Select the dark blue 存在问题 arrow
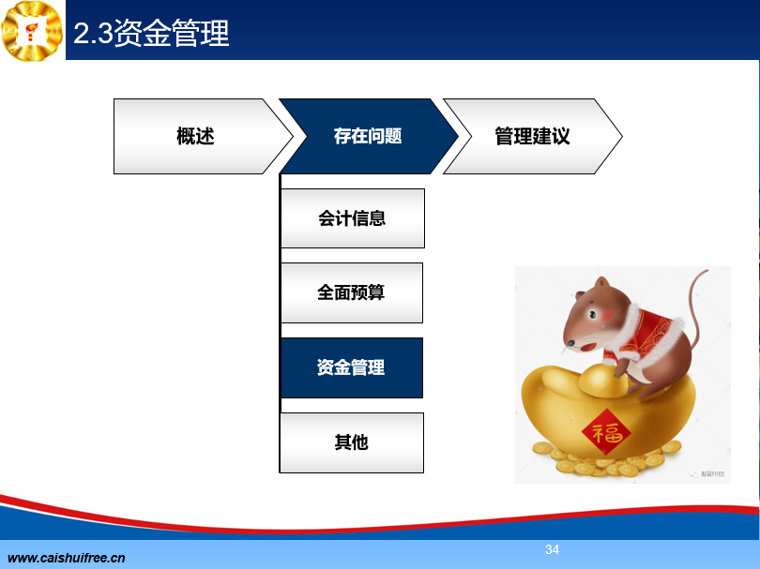tap(369, 136)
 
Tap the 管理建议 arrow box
tap(532, 136)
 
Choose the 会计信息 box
tap(353, 218)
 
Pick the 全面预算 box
tap(352, 292)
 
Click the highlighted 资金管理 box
tap(352, 367)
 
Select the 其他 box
tap(352, 442)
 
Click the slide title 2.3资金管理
tap(151, 33)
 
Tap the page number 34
tap(552, 549)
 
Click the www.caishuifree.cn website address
tap(67, 558)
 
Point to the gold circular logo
tap(32, 31)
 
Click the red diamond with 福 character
tap(606, 432)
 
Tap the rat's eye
tap(592, 315)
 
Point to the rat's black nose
tap(571, 343)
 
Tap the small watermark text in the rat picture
tap(711, 474)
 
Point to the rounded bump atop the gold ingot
tap(603, 379)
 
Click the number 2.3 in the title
tap(93, 34)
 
